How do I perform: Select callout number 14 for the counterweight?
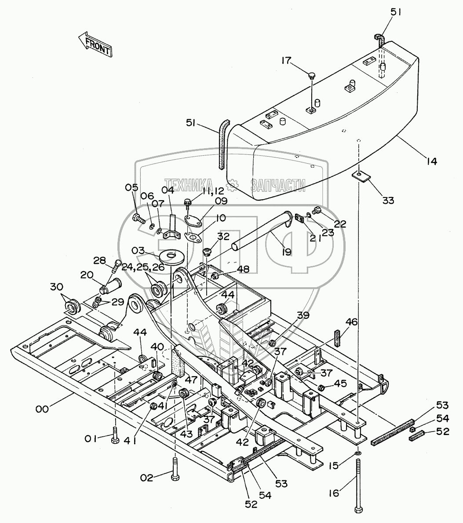coord(431,161)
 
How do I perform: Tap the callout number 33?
coord(388,200)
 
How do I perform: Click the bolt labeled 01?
coord(115,435)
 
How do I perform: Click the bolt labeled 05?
coord(139,218)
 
